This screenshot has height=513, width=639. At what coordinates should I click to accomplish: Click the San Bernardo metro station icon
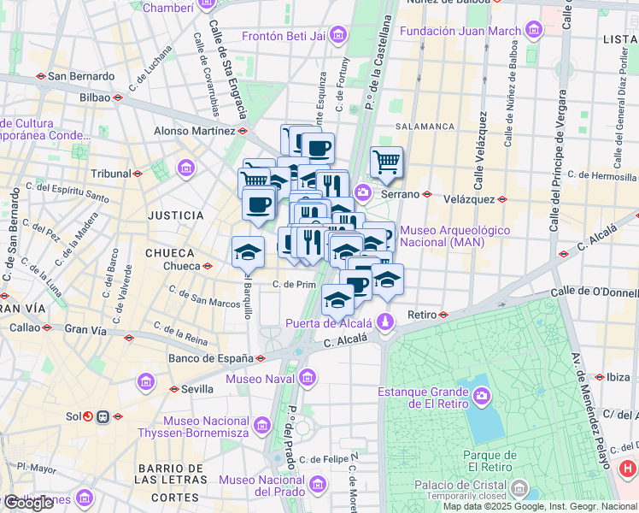pyautogui.click(x=40, y=75)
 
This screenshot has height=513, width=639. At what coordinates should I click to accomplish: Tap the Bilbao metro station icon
pyautogui.click(x=117, y=97)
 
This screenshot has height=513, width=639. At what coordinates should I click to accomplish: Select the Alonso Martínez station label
pyautogui.click(x=194, y=131)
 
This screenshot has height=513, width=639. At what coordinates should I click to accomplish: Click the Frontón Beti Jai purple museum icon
pyautogui.click(x=339, y=35)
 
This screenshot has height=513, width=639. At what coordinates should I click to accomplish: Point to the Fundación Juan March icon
pyautogui.click(x=534, y=32)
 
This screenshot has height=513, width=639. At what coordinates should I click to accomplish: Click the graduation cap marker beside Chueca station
pyautogui.click(x=248, y=252)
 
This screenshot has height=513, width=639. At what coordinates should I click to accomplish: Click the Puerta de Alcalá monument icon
pyautogui.click(x=385, y=322)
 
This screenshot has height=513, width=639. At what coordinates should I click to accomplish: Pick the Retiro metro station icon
pyautogui.click(x=443, y=315)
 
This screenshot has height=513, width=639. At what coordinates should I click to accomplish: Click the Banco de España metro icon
pyautogui.click(x=261, y=358)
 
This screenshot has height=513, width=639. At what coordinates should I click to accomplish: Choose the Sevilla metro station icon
pyautogui.click(x=174, y=389)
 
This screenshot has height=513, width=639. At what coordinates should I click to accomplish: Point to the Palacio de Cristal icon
pyautogui.click(x=519, y=489)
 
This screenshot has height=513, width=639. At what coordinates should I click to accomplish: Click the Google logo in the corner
pyautogui.click(x=28, y=503)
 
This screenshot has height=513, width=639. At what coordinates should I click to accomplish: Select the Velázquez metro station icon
pyautogui.click(x=502, y=198)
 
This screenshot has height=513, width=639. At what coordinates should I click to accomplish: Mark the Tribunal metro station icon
pyautogui.click(x=138, y=173)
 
